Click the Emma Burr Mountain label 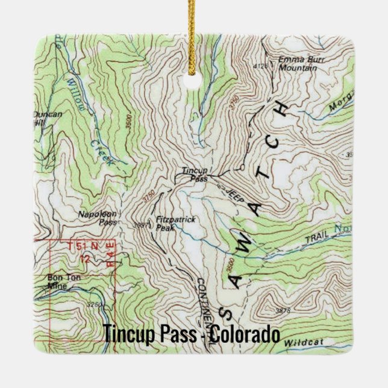[297, 64]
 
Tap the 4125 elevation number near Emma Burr [260, 66]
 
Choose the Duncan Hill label [48, 117]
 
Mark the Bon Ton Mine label [61, 281]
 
